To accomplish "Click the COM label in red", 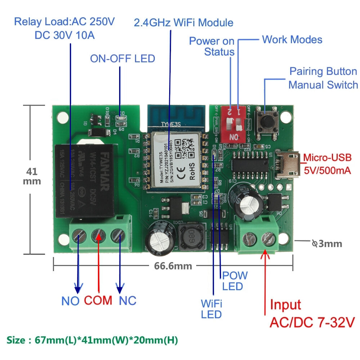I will pos(98,300).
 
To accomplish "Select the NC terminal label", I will pos(127,301).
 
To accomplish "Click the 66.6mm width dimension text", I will pos(173,266).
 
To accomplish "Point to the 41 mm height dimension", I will pos(32,176).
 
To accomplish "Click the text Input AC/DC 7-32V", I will pos(312,313).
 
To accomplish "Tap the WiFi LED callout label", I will pos(211,309).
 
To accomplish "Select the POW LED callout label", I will pos(235,281).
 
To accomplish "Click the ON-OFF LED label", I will pos(122,58).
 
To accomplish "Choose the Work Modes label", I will pos(292,39).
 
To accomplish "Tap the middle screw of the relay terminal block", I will pos(98,236).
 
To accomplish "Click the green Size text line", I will pos(92,340).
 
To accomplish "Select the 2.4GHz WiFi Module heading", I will pos(184,23).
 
